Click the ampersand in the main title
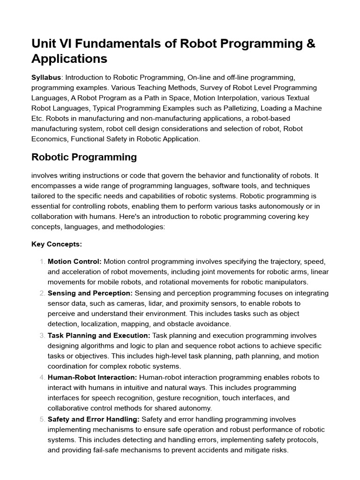point(310,44)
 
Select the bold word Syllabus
point(46,77)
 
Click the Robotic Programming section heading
point(84,157)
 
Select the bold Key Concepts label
point(57,244)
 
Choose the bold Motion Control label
point(75,261)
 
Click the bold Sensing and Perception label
point(90,293)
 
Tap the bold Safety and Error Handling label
point(93,419)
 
